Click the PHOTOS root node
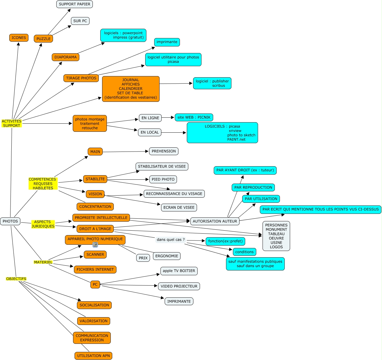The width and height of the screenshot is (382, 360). click(x=10, y=221)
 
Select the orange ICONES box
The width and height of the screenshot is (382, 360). click(x=19, y=38)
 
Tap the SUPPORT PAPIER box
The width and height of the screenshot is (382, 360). click(x=75, y=4)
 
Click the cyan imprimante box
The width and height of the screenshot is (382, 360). click(x=167, y=42)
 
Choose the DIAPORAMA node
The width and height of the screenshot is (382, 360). click(x=66, y=57)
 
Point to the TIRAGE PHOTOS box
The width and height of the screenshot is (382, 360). click(x=81, y=78)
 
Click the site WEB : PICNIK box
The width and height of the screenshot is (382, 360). click(x=194, y=117)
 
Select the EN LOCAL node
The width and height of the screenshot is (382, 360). click(x=150, y=132)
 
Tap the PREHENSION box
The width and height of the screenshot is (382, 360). click(x=164, y=151)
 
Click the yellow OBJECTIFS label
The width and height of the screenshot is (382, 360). click(x=16, y=279)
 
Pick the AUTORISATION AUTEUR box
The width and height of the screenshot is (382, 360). click(x=215, y=221)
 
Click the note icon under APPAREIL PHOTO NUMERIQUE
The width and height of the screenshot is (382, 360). click(x=95, y=245)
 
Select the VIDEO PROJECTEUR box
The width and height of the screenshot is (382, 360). click(x=179, y=286)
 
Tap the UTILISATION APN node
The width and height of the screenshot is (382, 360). click(x=93, y=356)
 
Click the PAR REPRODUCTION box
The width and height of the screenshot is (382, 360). click(x=253, y=187)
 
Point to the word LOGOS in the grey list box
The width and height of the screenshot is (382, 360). click(x=276, y=247)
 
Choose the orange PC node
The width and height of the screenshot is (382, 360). click(x=95, y=285)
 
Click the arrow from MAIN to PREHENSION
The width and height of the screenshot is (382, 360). click(x=126, y=152)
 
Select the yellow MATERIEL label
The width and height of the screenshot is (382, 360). click(x=43, y=262)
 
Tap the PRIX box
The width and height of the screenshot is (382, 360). click(x=143, y=258)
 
